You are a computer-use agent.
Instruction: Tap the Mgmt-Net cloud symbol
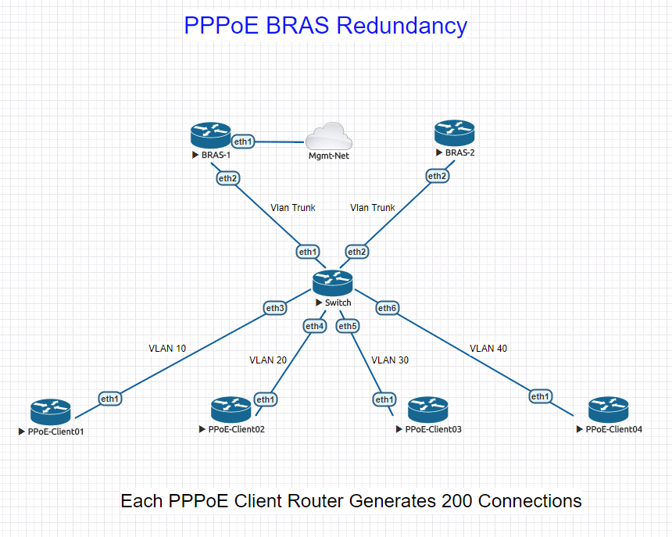(329, 137)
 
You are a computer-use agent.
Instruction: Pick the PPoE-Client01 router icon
(51, 411)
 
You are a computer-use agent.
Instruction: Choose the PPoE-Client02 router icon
(231, 410)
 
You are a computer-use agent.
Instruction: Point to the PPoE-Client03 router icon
(427, 410)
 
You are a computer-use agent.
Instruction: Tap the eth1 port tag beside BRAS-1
(244, 141)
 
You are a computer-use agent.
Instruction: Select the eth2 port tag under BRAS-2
(438, 176)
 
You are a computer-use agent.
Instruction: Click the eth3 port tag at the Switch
(275, 308)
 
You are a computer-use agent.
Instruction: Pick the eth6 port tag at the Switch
(388, 308)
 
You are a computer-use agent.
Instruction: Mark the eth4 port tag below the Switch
(314, 325)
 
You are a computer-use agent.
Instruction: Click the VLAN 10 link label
(167, 348)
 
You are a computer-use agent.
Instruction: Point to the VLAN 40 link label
(488, 348)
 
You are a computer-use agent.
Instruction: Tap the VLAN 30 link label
(390, 360)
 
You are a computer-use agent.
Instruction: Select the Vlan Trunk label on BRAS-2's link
(373, 207)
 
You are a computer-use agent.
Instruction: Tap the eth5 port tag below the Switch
(348, 325)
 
